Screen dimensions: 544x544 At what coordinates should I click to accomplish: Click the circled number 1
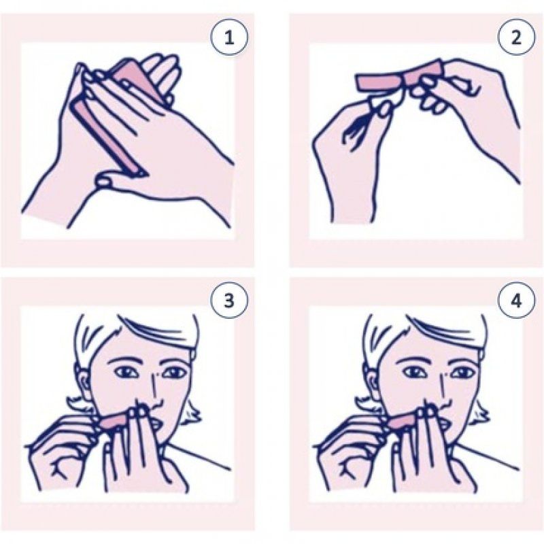coord(228,39)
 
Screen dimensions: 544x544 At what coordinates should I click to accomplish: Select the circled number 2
coord(517,39)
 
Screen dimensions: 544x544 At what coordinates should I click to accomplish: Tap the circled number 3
coord(228,301)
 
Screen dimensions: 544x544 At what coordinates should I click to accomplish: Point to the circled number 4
coord(517,301)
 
